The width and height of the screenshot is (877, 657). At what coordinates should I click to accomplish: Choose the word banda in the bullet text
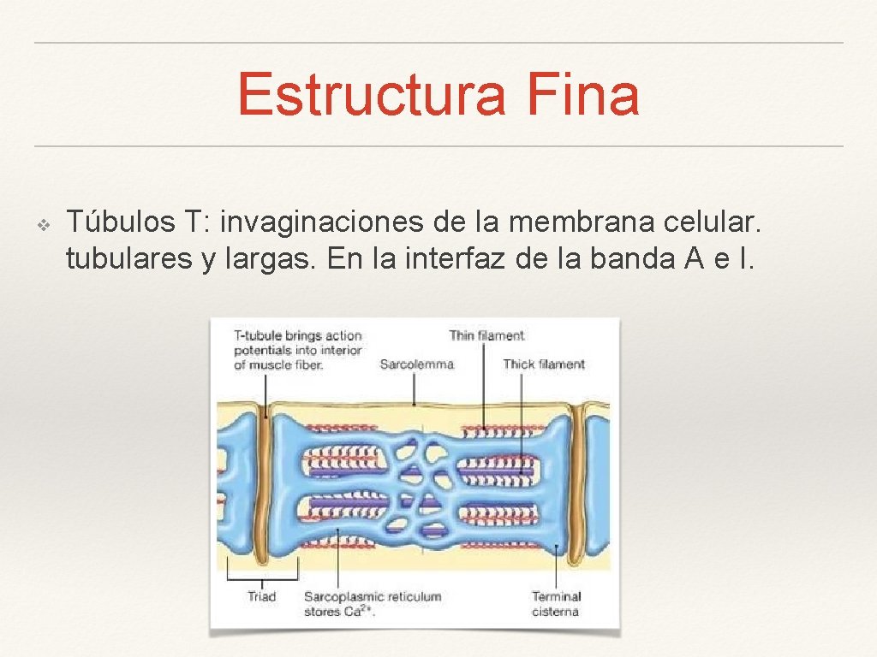point(633,258)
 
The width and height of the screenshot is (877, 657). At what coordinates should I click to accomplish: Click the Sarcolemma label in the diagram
point(416,364)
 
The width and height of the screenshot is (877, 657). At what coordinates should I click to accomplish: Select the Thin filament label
point(486,335)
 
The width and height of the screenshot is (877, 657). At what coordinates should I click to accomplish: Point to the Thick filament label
point(544,364)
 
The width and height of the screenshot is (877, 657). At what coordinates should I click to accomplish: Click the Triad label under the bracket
point(262,596)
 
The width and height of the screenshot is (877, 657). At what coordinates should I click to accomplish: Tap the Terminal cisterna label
point(556,603)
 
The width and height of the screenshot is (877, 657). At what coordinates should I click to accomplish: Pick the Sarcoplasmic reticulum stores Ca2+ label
point(373,603)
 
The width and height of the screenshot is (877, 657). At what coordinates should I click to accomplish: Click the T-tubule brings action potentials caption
point(298,350)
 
